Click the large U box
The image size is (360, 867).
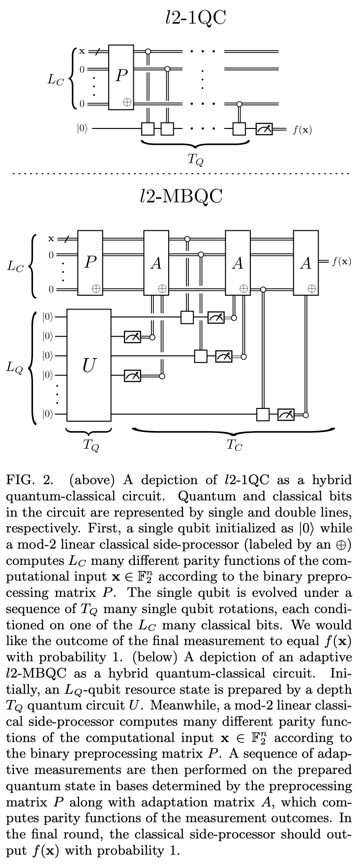point(89,365)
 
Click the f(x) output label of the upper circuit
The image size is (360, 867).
point(301,130)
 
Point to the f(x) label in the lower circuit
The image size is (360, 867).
point(341,261)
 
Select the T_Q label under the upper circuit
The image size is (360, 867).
point(196,159)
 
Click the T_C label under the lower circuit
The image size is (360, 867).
point(234,445)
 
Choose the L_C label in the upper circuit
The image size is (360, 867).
point(55,80)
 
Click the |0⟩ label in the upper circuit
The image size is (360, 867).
point(82,129)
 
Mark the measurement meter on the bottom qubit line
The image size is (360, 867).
point(286,415)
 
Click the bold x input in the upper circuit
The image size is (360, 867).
point(82,51)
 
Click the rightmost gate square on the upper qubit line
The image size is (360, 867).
point(239,129)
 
